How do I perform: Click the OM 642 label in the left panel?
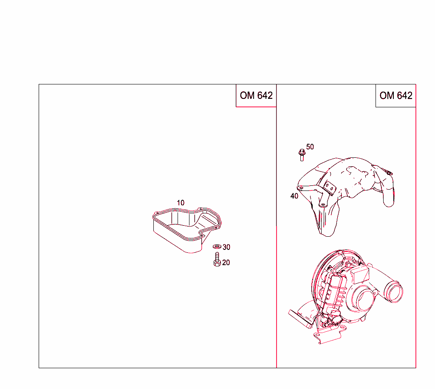click(x=256, y=95)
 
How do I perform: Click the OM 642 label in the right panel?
click(x=395, y=95)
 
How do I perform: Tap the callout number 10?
click(x=181, y=203)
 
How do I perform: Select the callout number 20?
click(x=226, y=263)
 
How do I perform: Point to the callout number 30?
click(x=226, y=247)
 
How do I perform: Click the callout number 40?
click(x=294, y=196)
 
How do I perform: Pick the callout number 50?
click(x=310, y=147)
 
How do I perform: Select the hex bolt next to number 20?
click(x=216, y=259)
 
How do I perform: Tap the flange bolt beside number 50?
click(x=302, y=154)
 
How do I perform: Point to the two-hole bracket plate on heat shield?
click(x=329, y=189)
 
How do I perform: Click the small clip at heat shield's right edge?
click(x=388, y=172)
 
